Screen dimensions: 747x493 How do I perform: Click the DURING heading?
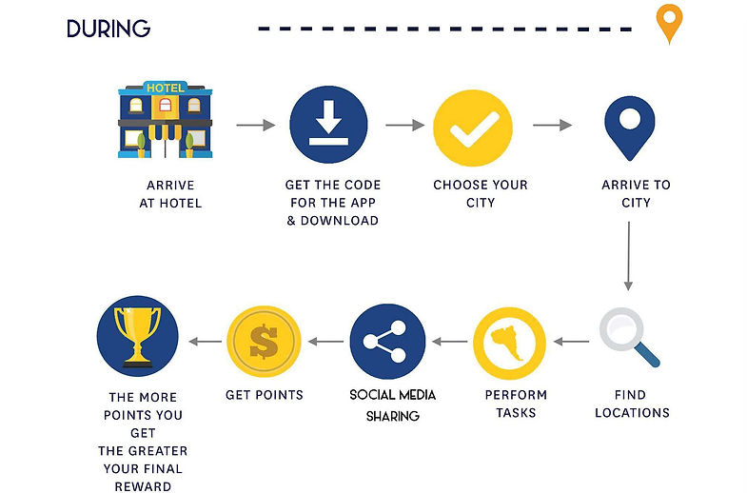click(x=108, y=29)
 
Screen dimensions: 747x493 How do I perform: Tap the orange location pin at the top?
click(x=671, y=23)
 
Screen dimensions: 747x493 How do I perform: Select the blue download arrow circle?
click(x=328, y=125)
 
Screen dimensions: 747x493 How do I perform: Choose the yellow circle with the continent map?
click(x=509, y=343)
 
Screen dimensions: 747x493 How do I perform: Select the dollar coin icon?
click(x=264, y=343)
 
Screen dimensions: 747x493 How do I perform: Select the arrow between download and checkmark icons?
click(x=404, y=125)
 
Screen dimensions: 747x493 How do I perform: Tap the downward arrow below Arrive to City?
click(x=628, y=254)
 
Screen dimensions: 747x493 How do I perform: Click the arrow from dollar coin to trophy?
click(x=203, y=341)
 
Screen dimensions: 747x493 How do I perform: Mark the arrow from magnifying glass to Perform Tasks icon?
click(x=573, y=341)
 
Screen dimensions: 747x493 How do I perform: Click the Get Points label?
click(x=264, y=395)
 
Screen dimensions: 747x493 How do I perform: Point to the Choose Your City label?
click(x=480, y=194)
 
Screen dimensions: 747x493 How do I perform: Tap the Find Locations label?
click(x=632, y=404)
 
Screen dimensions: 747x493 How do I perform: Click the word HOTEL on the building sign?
click(x=165, y=88)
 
